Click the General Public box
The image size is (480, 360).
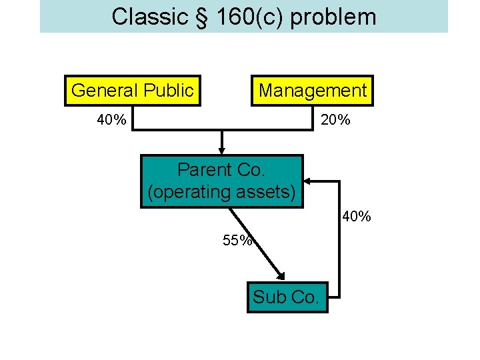pos(132,91)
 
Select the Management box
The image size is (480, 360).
pos(312,91)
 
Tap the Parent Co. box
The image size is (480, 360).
pos(221,181)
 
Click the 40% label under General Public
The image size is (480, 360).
pos(111,120)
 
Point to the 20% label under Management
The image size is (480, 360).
pos(336,120)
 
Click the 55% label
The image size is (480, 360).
pos(237,241)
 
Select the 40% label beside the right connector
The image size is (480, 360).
pos(356,217)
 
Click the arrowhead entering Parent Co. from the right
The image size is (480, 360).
pos(309,180)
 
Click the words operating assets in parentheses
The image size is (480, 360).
pos(221,193)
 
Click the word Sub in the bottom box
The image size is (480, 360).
pos(268,297)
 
